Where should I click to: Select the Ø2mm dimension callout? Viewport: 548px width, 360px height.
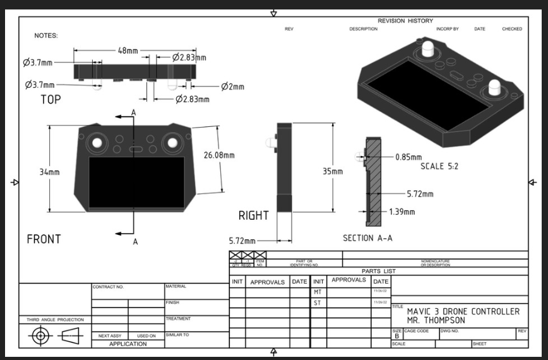(x=232, y=87)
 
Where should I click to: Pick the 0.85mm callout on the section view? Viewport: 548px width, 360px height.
(x=408, y=157)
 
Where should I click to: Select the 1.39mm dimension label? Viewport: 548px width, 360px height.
(x=402, y=212)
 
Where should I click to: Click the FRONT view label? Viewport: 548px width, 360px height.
(x=44, y=239)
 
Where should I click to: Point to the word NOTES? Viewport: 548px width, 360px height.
(x=46, y=35)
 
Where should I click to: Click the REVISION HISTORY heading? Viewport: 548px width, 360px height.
(x=405, y=21)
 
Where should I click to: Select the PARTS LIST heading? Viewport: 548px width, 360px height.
(x=378, y=271)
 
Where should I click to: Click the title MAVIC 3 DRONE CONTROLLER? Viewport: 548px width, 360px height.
(x=463, y=311)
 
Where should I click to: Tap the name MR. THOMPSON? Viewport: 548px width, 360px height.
(x=436, y=320)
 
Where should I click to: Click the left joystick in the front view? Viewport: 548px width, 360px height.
(x=97, y=143)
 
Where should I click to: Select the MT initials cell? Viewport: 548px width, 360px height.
(x=318, y=292)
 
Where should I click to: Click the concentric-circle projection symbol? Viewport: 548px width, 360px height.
(x=40, y=335)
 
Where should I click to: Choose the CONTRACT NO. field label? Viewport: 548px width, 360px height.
(x=108, y=287)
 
